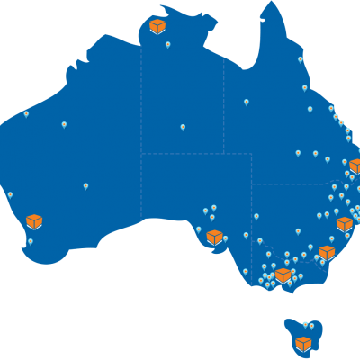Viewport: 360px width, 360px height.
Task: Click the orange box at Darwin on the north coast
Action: pyautogui.click(x=157, y=26)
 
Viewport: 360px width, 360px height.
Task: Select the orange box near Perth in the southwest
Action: pyautogui.click(x=34, y=221)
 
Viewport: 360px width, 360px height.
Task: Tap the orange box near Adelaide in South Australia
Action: pyautogui.click(x=214, y=238)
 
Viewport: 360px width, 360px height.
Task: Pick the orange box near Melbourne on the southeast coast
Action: pyautogui.click(x=283, y=274)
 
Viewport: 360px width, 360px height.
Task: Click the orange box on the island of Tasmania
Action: pyautogui.click(x=303, y=344)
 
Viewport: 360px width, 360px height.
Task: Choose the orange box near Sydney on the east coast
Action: pyautogui.click(x=344, y=224)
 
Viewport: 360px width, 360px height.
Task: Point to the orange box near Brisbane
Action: pyautogui.click(x=356, y=166)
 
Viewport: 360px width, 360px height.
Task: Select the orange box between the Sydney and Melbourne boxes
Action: pyautogui.click(x=326, y=253)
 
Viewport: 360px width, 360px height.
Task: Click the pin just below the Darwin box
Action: pyautogui.click(x=167, y=44)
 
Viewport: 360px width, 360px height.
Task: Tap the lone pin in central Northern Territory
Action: pyautogui.click(x=183, y=127)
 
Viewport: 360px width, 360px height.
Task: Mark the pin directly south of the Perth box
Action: pyautogui.click(x=31, y=241)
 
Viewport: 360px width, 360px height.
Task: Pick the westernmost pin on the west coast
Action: pyautogui.click(x=10, y=194)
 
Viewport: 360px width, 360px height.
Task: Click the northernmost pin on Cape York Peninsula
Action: pyautogui.click(x=301, y=59)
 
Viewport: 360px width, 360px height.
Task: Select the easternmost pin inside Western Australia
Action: pyautogui.click(x=85, y=186)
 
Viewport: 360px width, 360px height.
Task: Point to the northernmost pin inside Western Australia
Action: pyautogui.click(x=26, y=113)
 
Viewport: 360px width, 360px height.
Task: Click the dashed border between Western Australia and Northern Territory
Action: pyautogui.click(x=141, y=99)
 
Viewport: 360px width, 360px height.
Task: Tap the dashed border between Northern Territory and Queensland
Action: pyautogui.click(x=224, y=99)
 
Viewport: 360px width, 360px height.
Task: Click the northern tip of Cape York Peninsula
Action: pyautogui.click(x=271, y=4)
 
